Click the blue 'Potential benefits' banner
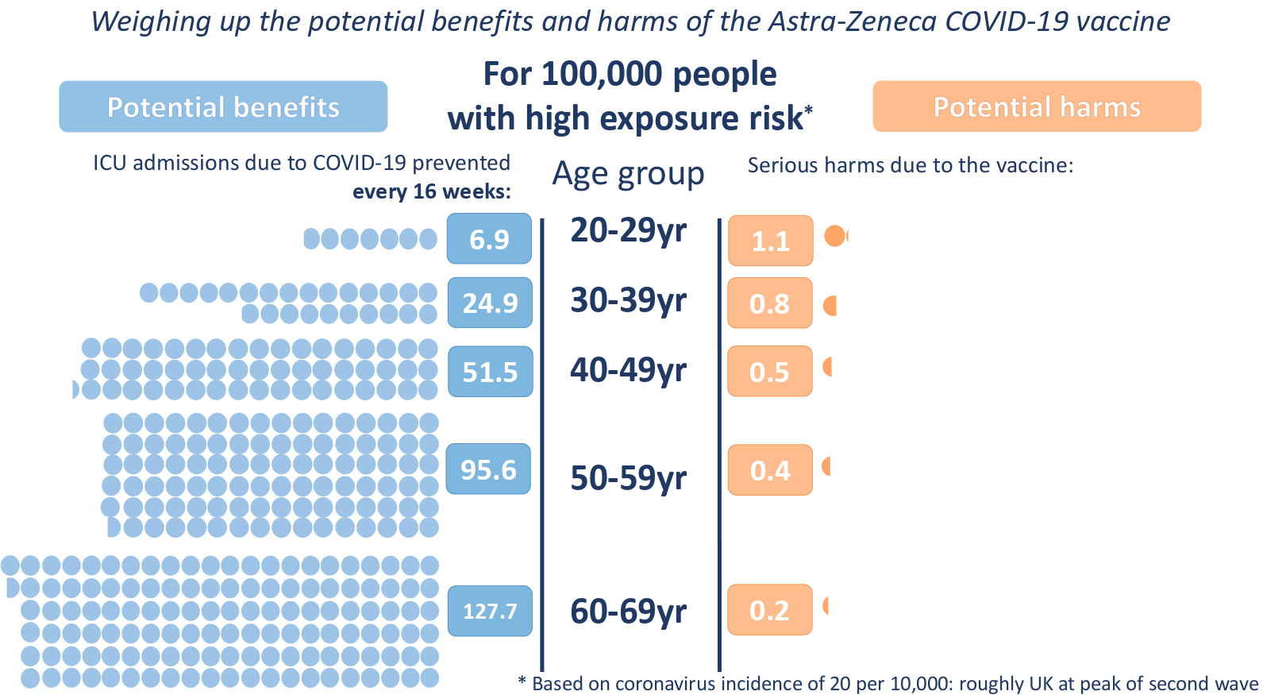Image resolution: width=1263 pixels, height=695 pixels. [223, 106]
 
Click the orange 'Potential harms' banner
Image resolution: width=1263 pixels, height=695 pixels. [1037, 106]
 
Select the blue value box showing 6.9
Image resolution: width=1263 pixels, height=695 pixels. [489, 238]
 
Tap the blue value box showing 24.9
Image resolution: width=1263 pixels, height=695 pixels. [490, 303]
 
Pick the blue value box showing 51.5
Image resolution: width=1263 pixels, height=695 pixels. [490, 372]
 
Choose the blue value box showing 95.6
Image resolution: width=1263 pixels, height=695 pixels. [488, 469]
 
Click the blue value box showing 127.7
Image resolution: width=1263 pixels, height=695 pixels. [490, 611]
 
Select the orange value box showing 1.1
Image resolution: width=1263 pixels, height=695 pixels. [770, 241]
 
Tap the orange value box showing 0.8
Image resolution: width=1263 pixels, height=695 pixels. [769, 303]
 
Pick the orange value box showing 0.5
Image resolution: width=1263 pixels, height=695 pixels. [769, 372]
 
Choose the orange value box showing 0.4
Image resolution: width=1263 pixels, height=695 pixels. [770, 470]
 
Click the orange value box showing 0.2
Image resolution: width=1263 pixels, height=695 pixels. [769, 610]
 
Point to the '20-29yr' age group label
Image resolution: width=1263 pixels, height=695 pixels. [628, 230]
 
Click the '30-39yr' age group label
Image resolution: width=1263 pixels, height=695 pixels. [628, 300]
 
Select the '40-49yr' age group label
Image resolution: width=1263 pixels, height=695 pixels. [628, 370]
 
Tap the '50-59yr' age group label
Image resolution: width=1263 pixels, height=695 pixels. [628, 478]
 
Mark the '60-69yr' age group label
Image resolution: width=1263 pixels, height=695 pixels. [628, 612]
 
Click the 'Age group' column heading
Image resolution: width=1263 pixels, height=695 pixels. [628, 173]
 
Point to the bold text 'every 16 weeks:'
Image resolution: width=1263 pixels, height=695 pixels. [431, 191]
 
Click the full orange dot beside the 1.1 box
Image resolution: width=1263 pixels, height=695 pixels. [834, 236]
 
